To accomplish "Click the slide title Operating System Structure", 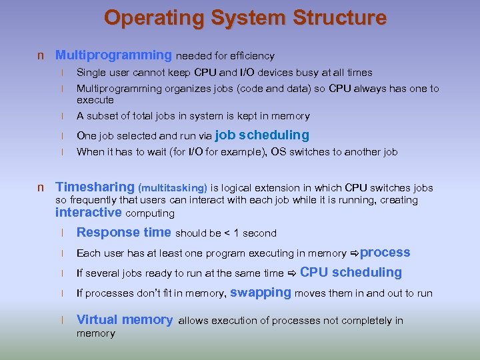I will pyautogui.click(x=245, y=17).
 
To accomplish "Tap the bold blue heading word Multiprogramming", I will pyautogui.click(x=113, y=55).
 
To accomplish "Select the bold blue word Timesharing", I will pyautogui.click(x=95, y=187).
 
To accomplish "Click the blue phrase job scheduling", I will pyautogui.click(x=262, y=135).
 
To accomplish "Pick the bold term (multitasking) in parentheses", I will pyautogui.click(x=173, y=189).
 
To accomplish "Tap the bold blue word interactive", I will pyautogui.click(x=89, y=213).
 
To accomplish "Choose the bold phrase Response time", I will pyautogui.click(x=124, y=233).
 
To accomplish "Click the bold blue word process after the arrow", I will pyautogui.click(x=385, y=252).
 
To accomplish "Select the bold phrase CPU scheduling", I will pyautogui.click(x=351, y=272).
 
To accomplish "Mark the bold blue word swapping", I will pyautogui.click(x=261, y=292).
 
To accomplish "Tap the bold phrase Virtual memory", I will pyautogui.click(x=125, y=319).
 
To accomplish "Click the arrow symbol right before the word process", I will pyautogui.click(x=354, y=253).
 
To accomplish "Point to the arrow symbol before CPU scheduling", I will pyautogui.click(x=292, y=273).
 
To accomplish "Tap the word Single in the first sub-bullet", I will pyautogui.click(x=91, y=73).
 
